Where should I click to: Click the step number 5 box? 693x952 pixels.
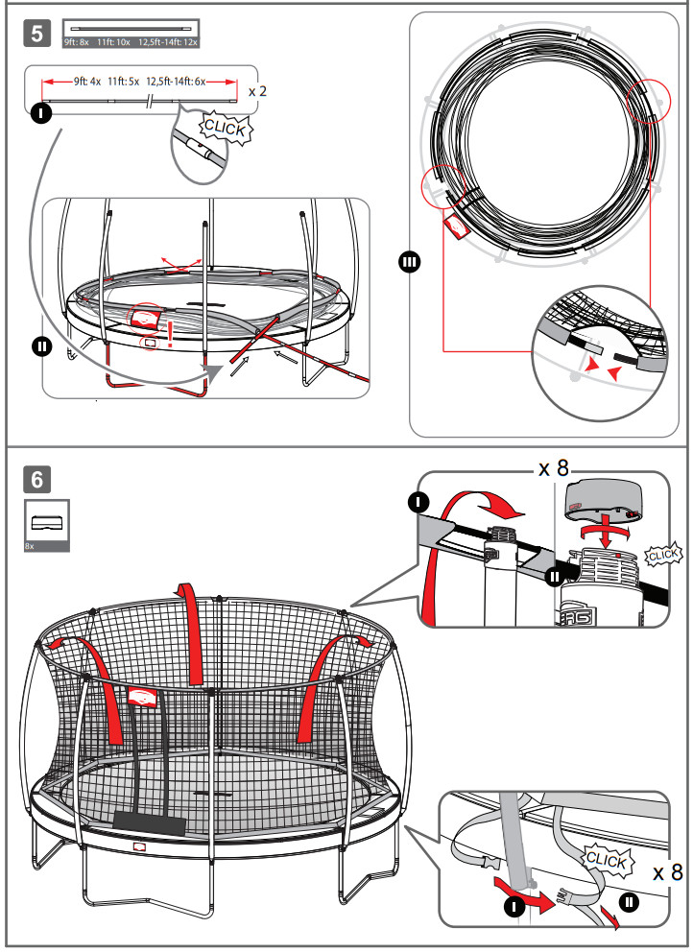tap(37, 34)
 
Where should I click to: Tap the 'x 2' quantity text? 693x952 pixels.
tap(257, 91)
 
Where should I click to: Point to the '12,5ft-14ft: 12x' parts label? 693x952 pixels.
tap(168, 43)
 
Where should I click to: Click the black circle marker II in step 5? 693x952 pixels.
tap(40, 346)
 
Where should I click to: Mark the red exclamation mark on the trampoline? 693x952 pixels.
tap(170, 331)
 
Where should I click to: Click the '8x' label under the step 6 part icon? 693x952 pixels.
tap(30, 544)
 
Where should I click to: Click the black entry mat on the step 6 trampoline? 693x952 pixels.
tap(150, 821)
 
